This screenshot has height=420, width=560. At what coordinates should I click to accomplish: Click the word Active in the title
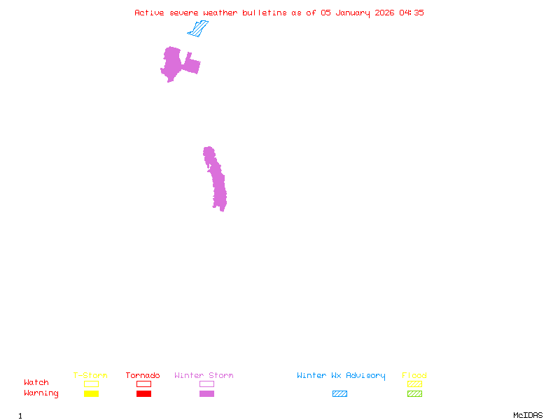(150, 13)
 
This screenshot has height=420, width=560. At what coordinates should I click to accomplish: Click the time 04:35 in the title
(412, 13)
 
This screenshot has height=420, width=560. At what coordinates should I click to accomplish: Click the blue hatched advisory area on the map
(198, 29)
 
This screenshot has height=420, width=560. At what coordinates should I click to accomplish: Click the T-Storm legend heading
(90, 376)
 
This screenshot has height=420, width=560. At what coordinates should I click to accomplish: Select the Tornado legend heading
(143, 376)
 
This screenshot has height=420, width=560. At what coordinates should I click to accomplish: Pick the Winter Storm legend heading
(204, 376)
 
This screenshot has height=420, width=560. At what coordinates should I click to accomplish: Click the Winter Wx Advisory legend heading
(341, 376)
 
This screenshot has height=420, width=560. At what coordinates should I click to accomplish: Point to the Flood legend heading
(414, 376)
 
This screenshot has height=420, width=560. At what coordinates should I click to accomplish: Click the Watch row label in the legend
(36, 383)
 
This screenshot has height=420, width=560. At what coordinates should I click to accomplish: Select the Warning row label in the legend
(41, 393)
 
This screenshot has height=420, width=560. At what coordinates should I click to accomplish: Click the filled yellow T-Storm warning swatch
(91, 394)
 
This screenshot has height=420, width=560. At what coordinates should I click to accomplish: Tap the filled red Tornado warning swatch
(143, 394)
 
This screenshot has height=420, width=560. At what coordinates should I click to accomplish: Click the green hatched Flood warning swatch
(414, 394)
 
